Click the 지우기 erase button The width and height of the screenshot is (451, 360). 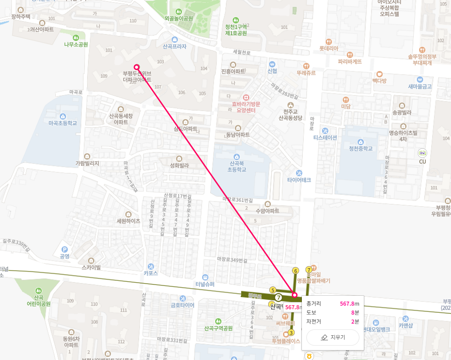[x=332, y=338]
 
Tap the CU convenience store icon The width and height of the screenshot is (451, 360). [x=422, y=153]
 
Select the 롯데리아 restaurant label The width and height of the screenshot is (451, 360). [x=328, y=48]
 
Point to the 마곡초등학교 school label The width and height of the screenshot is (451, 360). [x=63, y=123]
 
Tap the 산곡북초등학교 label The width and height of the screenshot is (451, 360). [x=236, y=166]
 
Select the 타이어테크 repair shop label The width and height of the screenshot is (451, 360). [x=299, y=180]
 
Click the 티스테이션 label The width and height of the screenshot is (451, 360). [x=325, y=138]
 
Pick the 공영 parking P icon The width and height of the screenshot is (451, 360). [x=64, y=249]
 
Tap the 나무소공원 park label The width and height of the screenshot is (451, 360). [x=76, y=44]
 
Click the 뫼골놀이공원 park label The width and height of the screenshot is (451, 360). [x=178, y=18]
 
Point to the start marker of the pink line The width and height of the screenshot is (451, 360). [x=137, y=67]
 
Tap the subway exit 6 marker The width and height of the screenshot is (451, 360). [x=295, y=271]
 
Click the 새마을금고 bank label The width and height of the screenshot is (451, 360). [x=420, y=86]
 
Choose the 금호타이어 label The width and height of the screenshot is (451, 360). [x=182, y=305]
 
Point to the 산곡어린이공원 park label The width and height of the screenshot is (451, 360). [x=38, y=300]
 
